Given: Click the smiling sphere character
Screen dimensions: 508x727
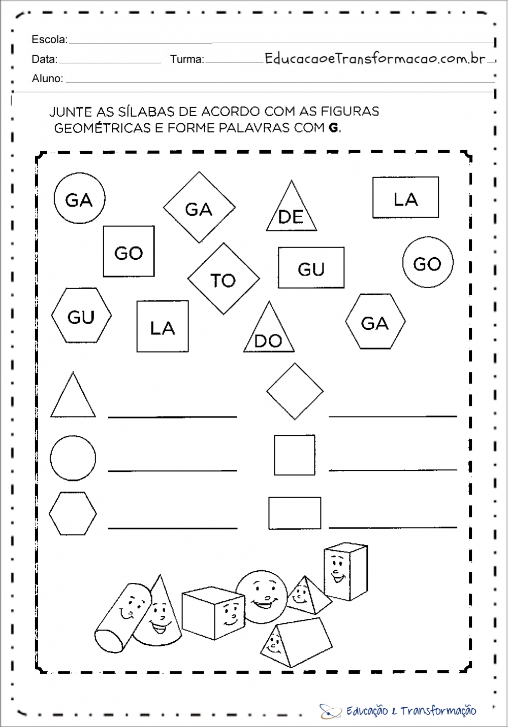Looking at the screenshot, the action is click(x=262, y=597).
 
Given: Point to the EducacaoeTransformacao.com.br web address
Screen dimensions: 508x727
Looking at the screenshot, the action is click(x=375, y=58).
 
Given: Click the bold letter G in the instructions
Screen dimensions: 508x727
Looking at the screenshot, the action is click(x=333, y=128).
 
